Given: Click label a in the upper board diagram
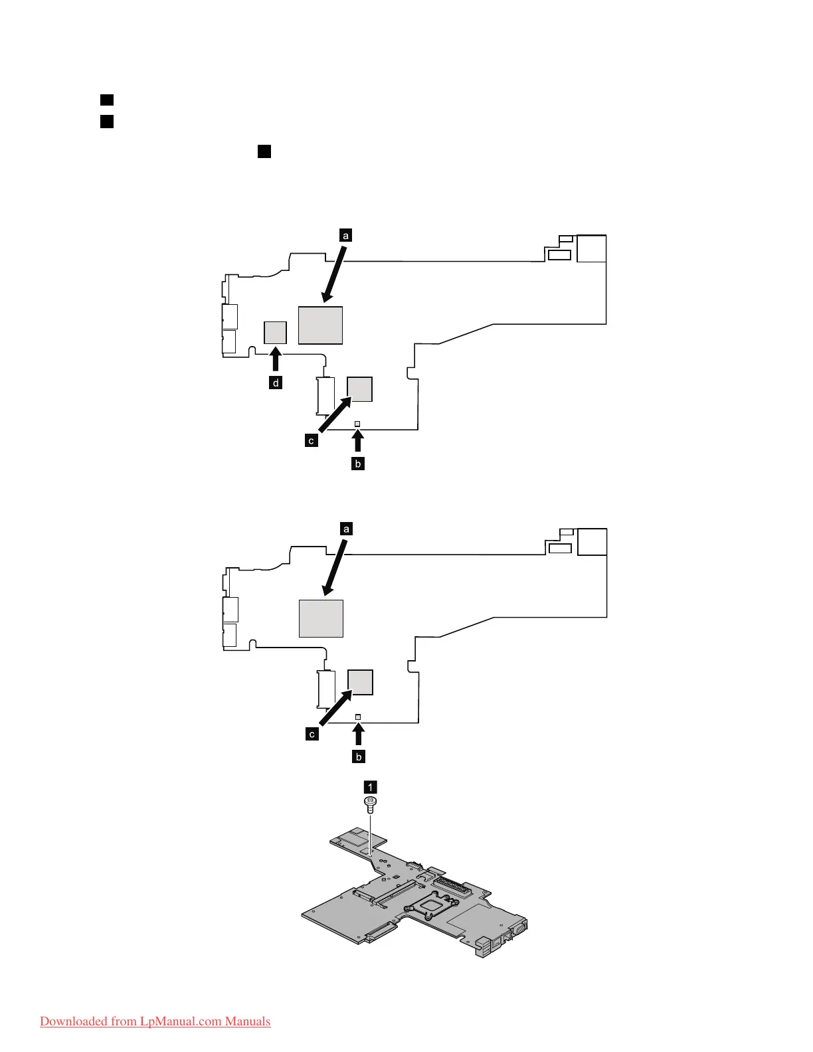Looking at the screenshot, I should point(345,235).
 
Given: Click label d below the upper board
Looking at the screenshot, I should point(276,383).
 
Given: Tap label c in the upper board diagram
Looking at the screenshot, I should point(312,440).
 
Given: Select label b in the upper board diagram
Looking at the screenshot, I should point(358,464).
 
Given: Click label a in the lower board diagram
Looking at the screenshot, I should point(345,529).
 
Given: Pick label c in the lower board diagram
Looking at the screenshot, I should point(312,734).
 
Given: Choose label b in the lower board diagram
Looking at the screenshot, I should point(359,756).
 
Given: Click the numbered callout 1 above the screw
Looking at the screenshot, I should point(370,787).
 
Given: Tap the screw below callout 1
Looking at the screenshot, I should point(370,805).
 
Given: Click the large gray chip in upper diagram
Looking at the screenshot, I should point(320,325).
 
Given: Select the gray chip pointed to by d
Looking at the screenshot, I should point(275,333).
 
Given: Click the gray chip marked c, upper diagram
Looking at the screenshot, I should point(360,389).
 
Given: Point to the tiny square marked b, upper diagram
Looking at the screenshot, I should point(357,423).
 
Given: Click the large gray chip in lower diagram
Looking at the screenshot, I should point(321,618).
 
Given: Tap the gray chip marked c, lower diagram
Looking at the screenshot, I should point(361,682).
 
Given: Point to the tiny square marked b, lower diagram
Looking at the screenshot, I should point(358,717).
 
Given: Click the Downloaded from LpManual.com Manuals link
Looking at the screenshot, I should point(155,1021).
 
